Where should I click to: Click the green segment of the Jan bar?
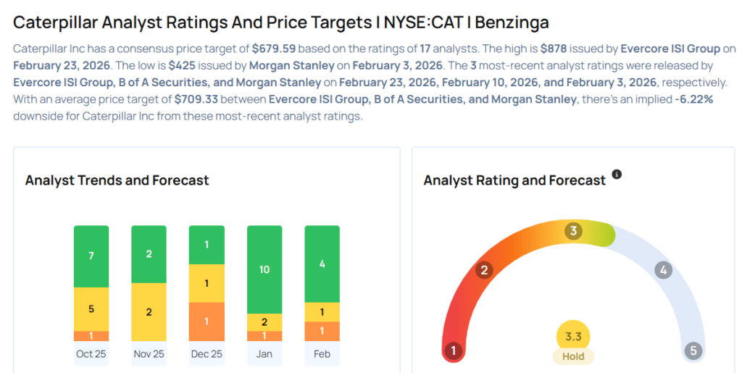[264, 269]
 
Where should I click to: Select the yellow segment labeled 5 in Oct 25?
[91, 309]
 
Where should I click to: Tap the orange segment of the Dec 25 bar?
[207, 321]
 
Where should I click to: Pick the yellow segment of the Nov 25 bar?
[149, 311]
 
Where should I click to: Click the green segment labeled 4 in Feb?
[322, 264]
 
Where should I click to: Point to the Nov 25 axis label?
[149, 354]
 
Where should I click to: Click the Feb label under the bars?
[322, 354]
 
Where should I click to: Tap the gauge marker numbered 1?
[454, 351]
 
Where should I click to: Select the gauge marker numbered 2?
[484, 270]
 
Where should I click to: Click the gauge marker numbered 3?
[573, 231]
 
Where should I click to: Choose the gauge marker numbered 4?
[662, 270]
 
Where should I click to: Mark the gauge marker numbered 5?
[693, 351]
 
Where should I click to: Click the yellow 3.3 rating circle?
[573, 336]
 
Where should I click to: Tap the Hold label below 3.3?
[573, 356]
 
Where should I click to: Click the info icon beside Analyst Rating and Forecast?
[617, 175]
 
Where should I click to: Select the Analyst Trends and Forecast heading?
[117, 180]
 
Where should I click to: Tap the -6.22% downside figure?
[693, 99]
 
